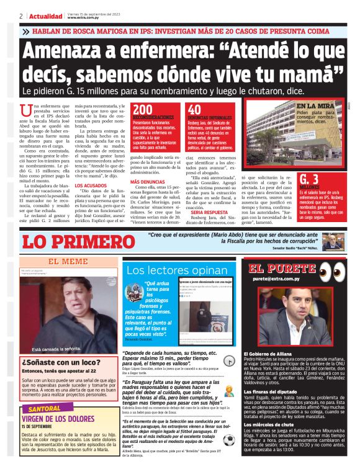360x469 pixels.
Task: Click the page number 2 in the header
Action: point(21,16)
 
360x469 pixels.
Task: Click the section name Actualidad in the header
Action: point(46,16)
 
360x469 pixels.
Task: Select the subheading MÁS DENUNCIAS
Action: point(146,181)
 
